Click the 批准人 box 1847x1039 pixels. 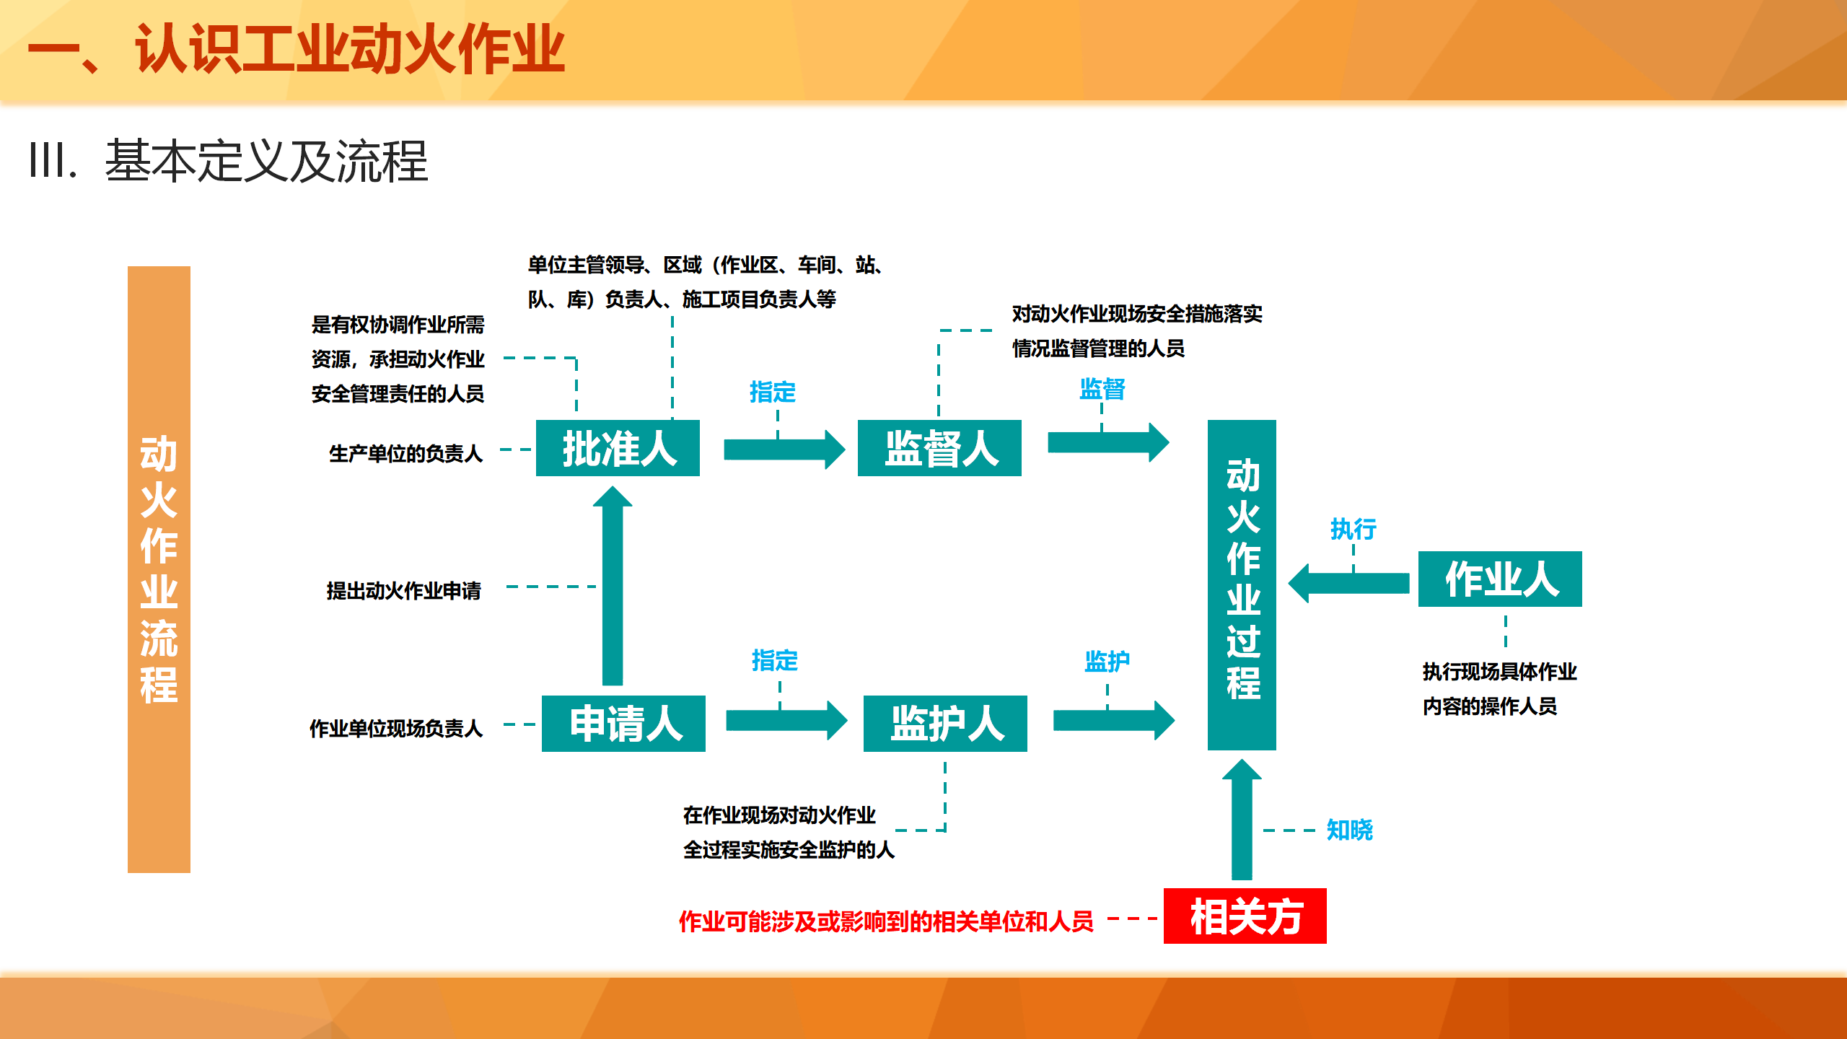click(618, 448)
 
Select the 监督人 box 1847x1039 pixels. click(939, 448)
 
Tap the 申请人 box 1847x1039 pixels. click(623, 724)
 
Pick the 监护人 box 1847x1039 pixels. click(945, 724)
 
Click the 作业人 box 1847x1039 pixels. click(1500, 579)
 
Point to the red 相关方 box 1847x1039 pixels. click(1245, 916)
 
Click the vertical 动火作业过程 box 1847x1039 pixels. click(1242, 585)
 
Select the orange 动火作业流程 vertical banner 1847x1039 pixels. click(159, 569)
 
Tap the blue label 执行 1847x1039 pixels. click(1354, 529)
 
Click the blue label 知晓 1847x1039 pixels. click(1350, 830)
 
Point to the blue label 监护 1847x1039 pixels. click(1107, 661)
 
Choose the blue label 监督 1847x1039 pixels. click(1102, 390)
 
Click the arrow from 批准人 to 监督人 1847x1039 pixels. click(784, 450)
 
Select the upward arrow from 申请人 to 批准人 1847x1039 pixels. click(613, 585)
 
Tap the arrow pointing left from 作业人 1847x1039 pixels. click(1348, 583)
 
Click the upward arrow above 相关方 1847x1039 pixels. click(1242, 820)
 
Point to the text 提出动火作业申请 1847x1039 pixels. click(404, 591)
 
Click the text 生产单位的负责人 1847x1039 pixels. click(405, 453)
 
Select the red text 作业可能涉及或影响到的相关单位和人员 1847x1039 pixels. click(886, 921)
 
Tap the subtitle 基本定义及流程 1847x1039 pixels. click(266, 161)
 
